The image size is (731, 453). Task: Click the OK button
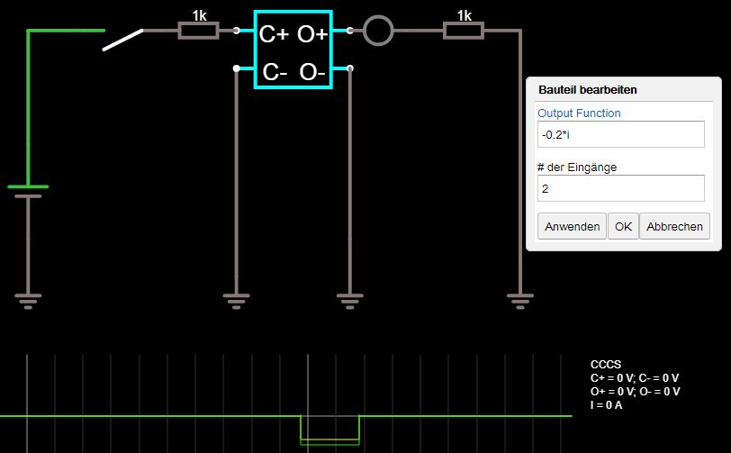[x=623, y=226]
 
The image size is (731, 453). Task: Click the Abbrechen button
[x=674, y=226]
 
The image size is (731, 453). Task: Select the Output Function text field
[x=620, y=134]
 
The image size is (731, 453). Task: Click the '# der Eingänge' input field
[x=620, y=188]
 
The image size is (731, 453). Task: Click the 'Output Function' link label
[x=579, y=113]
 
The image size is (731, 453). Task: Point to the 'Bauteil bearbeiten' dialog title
[x=587, y=90]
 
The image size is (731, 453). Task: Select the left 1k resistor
[x=198, y=31]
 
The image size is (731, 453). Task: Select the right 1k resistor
[x=464, y=31]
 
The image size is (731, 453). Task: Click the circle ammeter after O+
[x=378, y=32]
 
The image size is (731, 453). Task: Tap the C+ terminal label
[x=274, y=35]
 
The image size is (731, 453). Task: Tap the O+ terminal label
[x=312, y=35]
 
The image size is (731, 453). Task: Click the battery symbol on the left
[x=28, y=190]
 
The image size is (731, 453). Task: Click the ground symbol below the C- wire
[x=236, y=300]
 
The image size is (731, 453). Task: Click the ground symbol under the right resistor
[x=519, y=300]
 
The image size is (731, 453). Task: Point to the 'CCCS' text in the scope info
[x=606, y=364]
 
